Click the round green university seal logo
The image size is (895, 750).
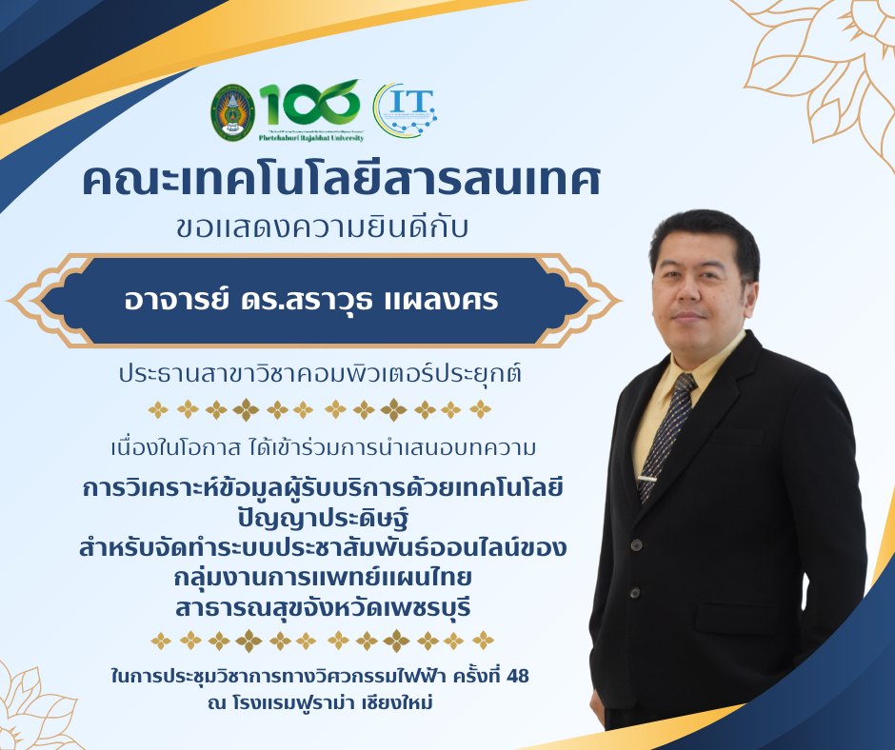[233, 112]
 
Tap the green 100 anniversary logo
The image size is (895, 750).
[310, 102]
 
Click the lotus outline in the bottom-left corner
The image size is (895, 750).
[38, 709]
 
